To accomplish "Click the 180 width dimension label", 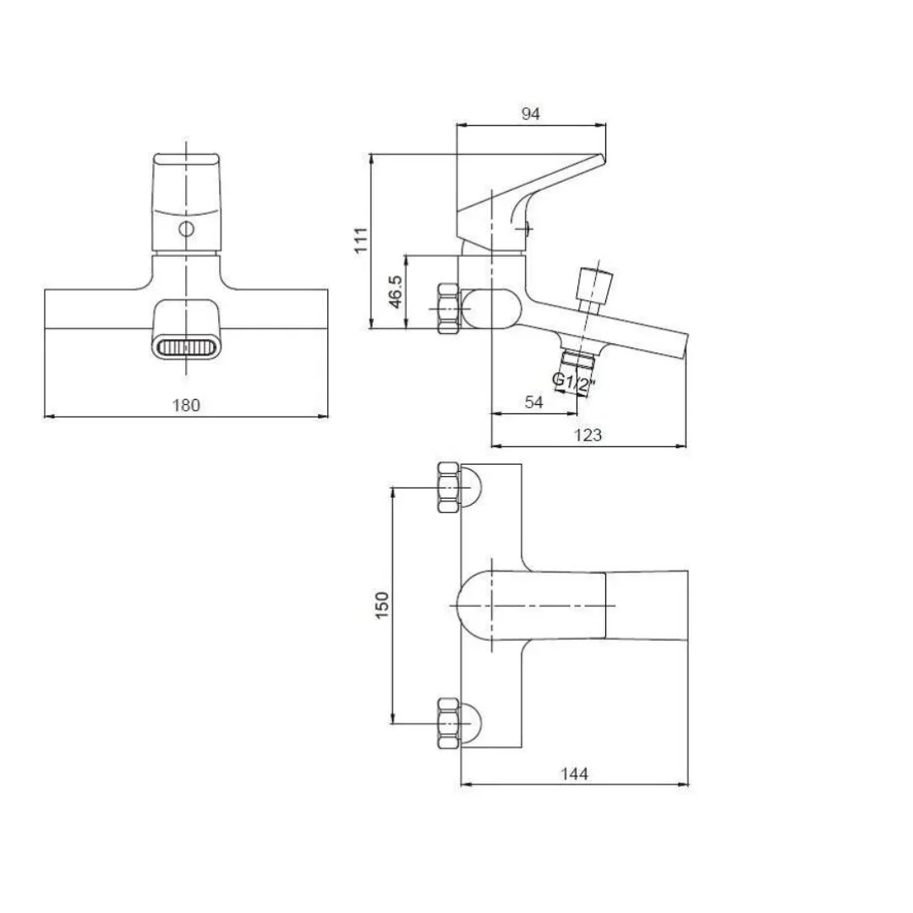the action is (186, 405).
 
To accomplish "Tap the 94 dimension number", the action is (530, 113).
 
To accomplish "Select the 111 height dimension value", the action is (362, 240).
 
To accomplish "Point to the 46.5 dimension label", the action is (396, 292).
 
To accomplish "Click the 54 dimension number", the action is (534, 402).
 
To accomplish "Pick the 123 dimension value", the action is (588, 435).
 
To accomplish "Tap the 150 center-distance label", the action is (382, 605).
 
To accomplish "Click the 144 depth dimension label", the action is (574, 774).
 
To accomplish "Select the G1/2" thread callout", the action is (574, 383).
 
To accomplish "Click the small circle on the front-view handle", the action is (186, 229).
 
